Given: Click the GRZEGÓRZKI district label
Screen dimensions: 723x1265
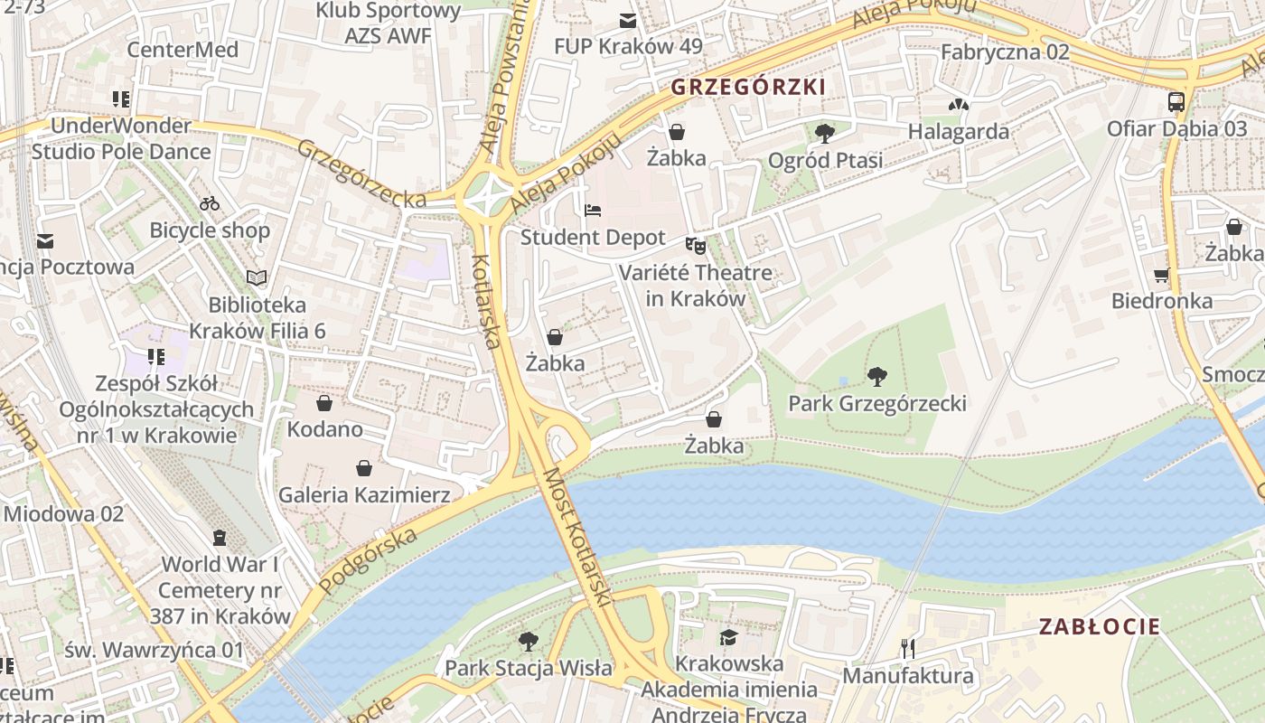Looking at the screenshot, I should tap(748, 87).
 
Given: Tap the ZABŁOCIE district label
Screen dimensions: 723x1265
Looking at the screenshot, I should tap(1099, 626).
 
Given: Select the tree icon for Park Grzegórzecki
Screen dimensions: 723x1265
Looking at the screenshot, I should tap(876, 376).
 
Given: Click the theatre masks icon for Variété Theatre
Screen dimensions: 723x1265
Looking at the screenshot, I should tap(695, 245).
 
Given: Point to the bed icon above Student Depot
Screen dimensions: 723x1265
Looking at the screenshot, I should tap(593, 211).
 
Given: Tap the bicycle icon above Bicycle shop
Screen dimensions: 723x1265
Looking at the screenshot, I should tap(210, 203).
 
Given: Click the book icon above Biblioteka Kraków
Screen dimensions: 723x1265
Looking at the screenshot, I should tap(257, 277).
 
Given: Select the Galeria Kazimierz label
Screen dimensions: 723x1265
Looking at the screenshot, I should tap(363, 494).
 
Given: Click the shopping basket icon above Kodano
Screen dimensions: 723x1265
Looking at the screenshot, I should tap(324, 402).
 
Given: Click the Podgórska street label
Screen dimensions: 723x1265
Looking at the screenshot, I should tap(368, 559).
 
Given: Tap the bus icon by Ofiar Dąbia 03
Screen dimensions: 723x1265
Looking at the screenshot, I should tap(1176, 102).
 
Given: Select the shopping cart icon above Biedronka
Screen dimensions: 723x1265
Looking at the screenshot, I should tap(1161, 275).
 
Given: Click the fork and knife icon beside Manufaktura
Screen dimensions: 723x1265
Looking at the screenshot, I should tap(908, 648).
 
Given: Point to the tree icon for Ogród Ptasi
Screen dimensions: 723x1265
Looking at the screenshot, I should tap(824, 134).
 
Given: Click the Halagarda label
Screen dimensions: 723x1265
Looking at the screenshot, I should tap(958, 131).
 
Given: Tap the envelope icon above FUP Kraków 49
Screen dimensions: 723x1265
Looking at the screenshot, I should tap(627, 20).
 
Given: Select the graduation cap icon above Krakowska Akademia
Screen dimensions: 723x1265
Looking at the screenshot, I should tap(728, 637).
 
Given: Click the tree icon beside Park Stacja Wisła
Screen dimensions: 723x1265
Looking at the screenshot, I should tap(529, 642).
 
